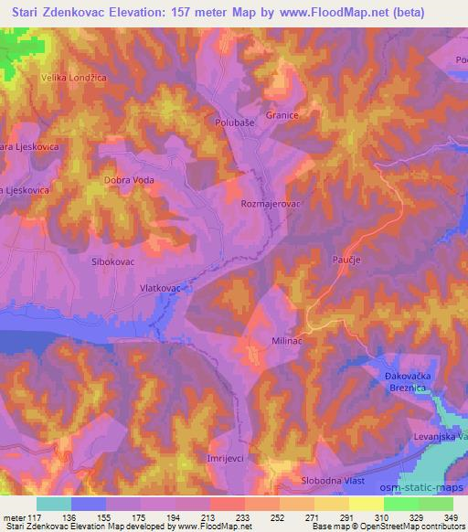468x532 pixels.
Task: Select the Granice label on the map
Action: [283, 116]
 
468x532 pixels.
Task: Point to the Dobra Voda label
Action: [128, 180]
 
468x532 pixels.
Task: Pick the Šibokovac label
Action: [113, 261]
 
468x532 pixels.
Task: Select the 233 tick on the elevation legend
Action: [244, 516]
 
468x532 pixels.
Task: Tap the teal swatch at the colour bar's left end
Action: [54, 504]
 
